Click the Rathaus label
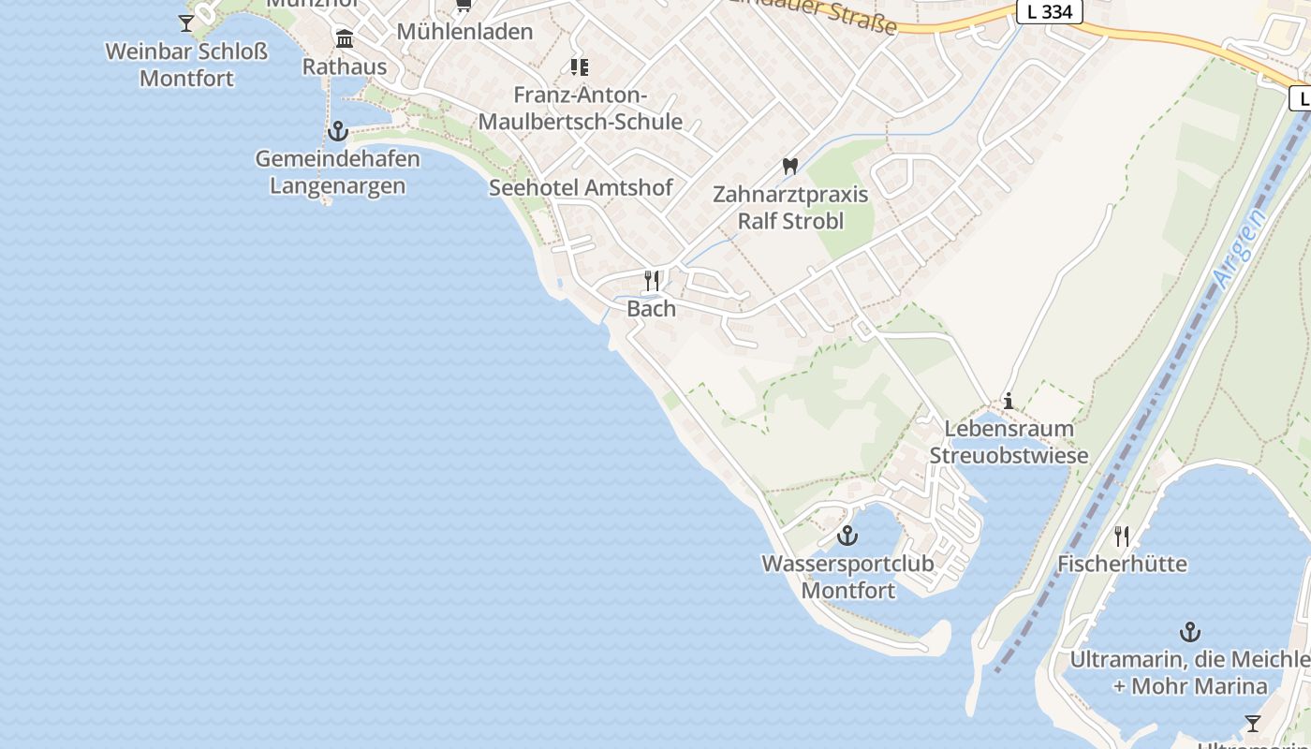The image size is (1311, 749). click(x=345, y=67)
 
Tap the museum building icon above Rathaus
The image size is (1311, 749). click(x=345, y=39)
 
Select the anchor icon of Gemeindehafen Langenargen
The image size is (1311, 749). click(x=337, y=131)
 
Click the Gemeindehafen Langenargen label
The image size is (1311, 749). click(x=337, y=172)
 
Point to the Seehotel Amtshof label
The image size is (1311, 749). click(x=581, y=187)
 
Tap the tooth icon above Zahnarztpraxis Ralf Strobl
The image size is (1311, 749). click(x=790, y=167)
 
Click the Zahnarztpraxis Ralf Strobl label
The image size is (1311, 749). click(x=790, y=208)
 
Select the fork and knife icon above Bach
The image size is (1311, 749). click(x=652, y=280)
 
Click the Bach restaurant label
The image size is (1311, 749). click(x=651, y=309)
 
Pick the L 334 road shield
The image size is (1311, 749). click(x=1050, y=12)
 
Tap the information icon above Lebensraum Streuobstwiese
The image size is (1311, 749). click(x=1009, y=401)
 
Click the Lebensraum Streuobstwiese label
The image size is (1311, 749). click(x=1009, y=442)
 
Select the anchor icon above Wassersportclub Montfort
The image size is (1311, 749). click(x=847, y=536)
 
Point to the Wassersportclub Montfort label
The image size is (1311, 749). click(x=847, y=577)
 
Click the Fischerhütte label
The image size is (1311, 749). click(x=1122, y=564)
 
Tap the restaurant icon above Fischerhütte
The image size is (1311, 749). click(x=1122, y=536)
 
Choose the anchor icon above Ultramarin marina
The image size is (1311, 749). click(x=1190, y=632)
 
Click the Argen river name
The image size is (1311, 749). click(x=1238, y=248)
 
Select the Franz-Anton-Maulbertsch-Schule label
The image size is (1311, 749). click(x=581, y=109)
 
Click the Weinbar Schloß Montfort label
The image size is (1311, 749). click(x=186, y=65)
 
